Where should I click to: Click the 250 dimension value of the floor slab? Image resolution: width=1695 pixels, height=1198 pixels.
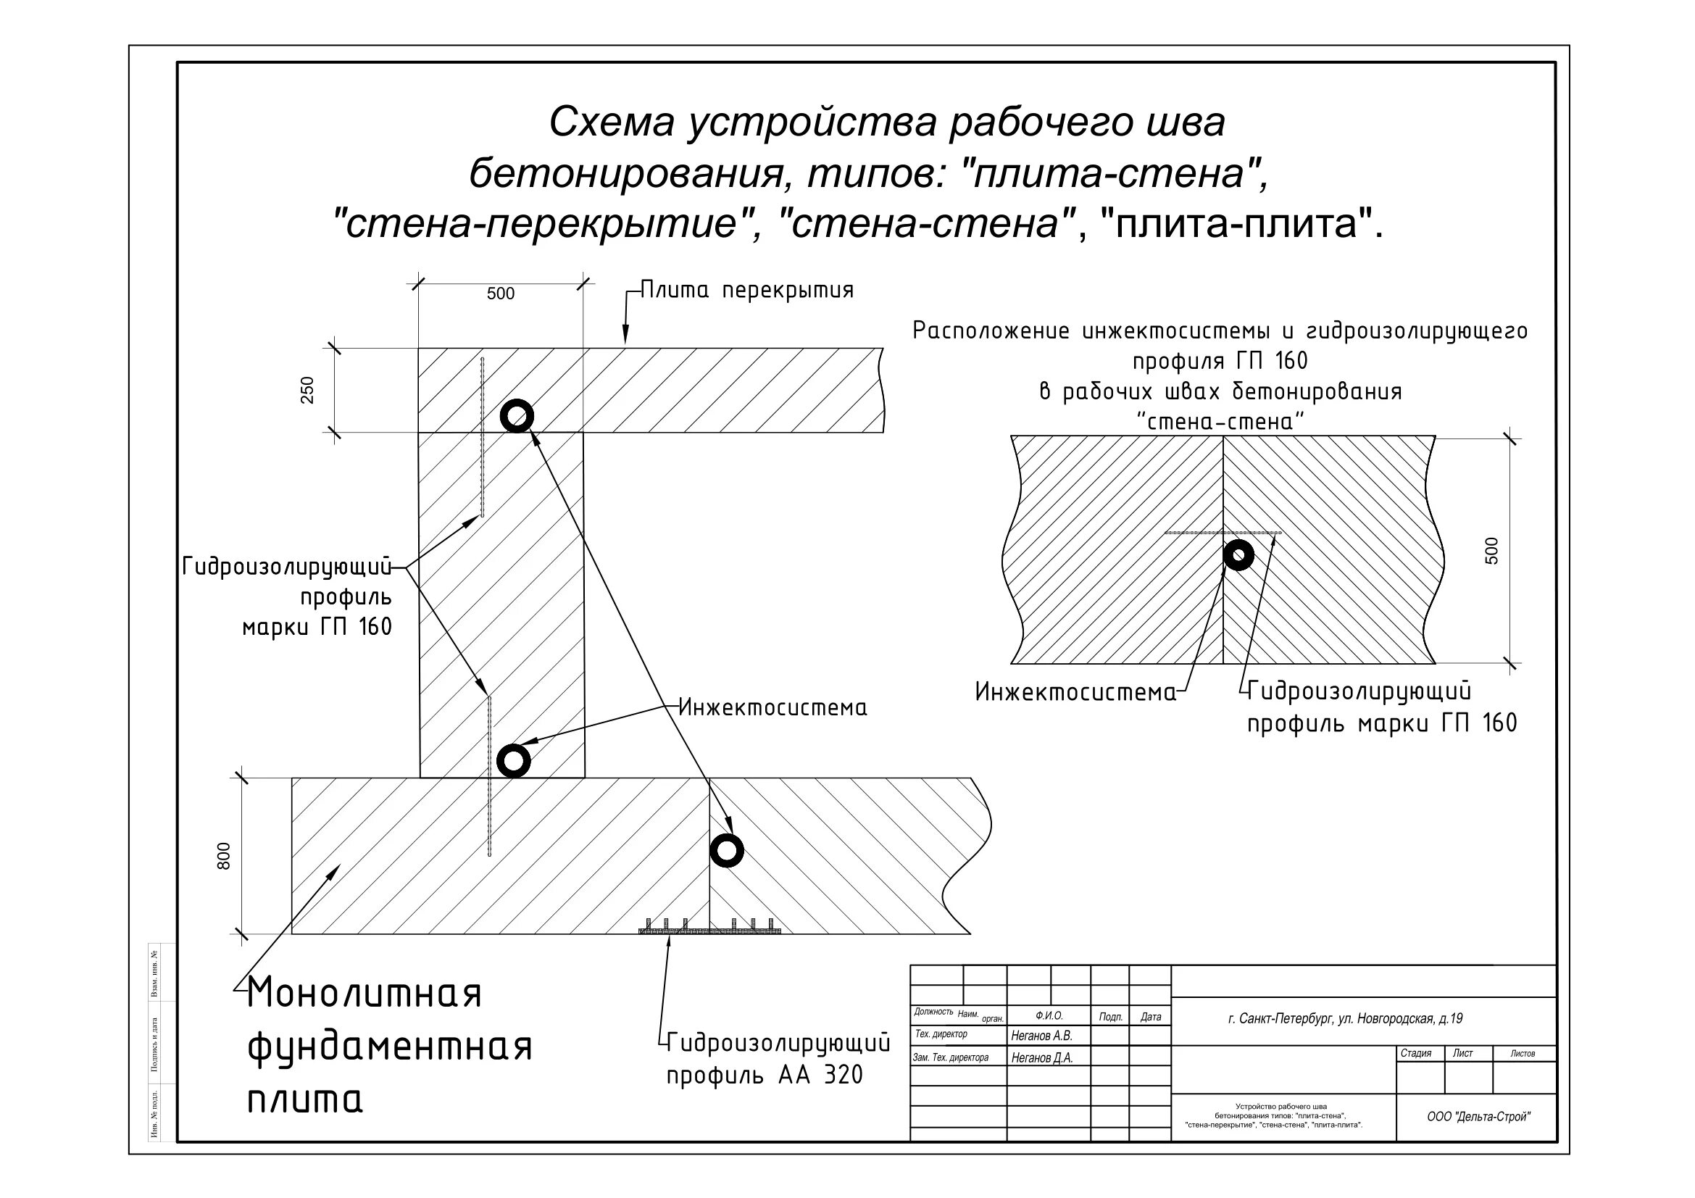click(x=307, y=391)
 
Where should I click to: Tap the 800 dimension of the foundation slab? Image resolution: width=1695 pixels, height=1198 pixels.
click(x=225, y=856)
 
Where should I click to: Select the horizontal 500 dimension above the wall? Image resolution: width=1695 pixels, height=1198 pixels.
click(x=501, y=294)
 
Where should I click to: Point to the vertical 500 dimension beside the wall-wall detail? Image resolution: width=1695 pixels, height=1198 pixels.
click(x=1491, y=551)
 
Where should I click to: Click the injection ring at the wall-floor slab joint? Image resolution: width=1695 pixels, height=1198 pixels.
click(x=517, y=416)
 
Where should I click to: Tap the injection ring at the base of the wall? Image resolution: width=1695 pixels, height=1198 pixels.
click(x=514, y=760)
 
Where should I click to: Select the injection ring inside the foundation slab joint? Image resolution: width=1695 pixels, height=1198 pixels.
click(x=726, y=850)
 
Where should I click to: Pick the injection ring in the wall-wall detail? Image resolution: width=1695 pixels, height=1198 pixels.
click(x=1238, y=555)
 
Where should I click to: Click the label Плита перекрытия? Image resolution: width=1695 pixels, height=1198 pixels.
click(x=746, y=290)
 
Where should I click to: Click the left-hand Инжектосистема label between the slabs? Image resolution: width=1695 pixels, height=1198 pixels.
click(x=772, y=708)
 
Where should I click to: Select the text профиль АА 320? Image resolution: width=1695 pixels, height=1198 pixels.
click(x=765, y=1076)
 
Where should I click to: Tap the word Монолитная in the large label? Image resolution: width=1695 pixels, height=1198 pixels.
click(x=365, y=994)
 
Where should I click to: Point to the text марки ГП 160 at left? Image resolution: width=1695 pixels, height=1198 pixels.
click(x=317, y=628)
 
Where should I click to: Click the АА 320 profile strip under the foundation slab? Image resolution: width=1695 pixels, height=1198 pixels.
click(x=709, y=930)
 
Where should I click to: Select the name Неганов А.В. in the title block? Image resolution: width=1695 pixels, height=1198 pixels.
click(x=1041, y=1036)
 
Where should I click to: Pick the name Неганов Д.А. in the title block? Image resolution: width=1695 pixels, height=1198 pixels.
click(x=1041, y=1057)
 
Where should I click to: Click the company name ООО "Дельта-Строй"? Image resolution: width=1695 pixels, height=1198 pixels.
click(x=1478, y=1117)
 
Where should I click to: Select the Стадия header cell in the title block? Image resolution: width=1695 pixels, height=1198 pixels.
click(x=1415, y=1053)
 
